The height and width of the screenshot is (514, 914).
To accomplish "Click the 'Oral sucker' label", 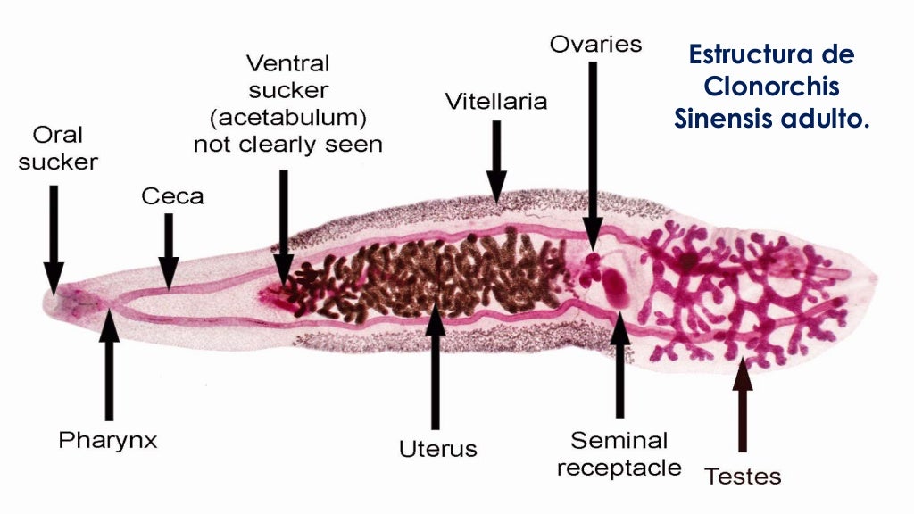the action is click(x=57, y=148).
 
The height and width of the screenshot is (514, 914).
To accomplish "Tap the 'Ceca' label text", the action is click(x=171, y=196).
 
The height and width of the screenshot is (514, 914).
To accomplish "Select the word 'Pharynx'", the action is click(x=108, y=440).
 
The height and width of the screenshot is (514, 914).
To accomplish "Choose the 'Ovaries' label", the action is click(x=595, y=44).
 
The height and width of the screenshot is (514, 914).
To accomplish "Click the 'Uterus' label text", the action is click(x=437, y=448).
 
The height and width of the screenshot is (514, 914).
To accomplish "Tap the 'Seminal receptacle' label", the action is click(x=619, y=453).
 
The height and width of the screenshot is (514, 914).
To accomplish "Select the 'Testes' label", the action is click(x=743, y=477).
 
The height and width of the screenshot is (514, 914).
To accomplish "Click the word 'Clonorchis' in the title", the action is click(x=771, y=87).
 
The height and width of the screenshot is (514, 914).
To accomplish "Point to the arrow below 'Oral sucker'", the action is click(x=54, y=236).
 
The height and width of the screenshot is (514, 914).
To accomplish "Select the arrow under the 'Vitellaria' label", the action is click(x=496, y=156).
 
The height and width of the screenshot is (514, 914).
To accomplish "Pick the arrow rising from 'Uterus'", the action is click(x=436, y=366).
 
